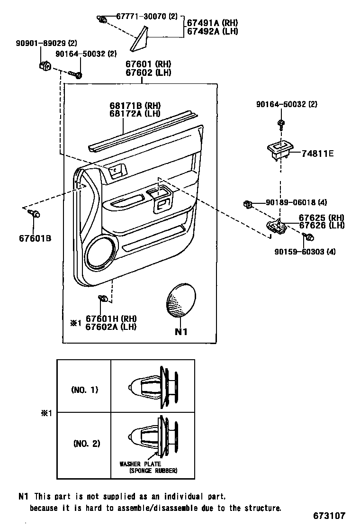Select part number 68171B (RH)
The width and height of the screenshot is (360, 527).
point(135,105)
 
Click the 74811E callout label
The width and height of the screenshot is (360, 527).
point(318,154)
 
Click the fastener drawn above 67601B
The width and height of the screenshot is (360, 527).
point(35,214)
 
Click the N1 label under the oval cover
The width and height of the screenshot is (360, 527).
point(181,332)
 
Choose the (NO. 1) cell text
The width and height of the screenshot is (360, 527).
point(84,390)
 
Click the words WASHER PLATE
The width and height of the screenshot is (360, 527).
point(140,464)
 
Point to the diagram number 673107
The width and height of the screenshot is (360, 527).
point(329,516)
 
